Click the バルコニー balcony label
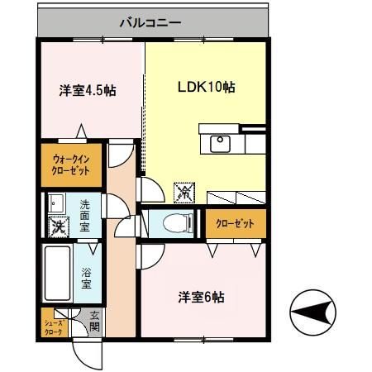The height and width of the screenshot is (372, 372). [150, 22]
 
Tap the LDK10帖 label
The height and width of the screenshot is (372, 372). [206, 87]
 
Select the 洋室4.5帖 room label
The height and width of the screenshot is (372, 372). [88, 90]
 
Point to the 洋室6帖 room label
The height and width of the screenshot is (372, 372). [201, 297]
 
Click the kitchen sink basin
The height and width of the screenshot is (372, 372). [220, 144]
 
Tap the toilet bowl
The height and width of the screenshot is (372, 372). [175, 223]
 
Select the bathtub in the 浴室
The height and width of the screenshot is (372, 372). [58, 273]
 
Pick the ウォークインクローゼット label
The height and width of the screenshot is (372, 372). [71, 165]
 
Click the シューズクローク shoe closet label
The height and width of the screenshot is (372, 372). [54, 327]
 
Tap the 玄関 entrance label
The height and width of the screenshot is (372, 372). [94, 321]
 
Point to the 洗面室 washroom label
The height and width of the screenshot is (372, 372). [85, 216]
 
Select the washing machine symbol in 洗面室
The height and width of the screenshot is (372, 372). [59, 227]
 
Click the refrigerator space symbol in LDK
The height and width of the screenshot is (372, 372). [184, 193]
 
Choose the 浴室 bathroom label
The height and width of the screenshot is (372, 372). [86, 279]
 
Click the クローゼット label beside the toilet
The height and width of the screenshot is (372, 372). [235, 223]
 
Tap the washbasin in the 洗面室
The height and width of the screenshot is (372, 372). [56, 203]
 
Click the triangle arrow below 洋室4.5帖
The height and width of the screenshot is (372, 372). [81, 131]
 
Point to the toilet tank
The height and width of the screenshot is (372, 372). [191, 223]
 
